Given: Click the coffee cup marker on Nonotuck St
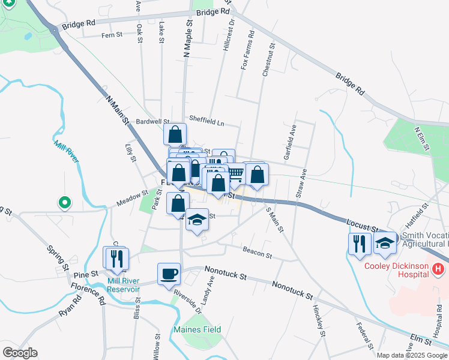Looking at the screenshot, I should click(169, 274).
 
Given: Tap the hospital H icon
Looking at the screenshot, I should click(438, 269).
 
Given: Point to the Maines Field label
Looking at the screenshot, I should click(197, 329).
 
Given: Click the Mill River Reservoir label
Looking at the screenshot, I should click(124, 284).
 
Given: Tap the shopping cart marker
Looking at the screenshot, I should click(235, 174).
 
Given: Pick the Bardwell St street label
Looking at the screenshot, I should click(153, 121).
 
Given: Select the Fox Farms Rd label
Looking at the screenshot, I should click(244, 52).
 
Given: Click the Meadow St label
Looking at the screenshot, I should click(132, 199).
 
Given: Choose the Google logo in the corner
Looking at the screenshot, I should click(20, 353).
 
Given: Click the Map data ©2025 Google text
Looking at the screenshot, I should click(411, 355).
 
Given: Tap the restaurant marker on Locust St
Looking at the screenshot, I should click(359, 243).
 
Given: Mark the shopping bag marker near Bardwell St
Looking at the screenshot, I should click(175, 134).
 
